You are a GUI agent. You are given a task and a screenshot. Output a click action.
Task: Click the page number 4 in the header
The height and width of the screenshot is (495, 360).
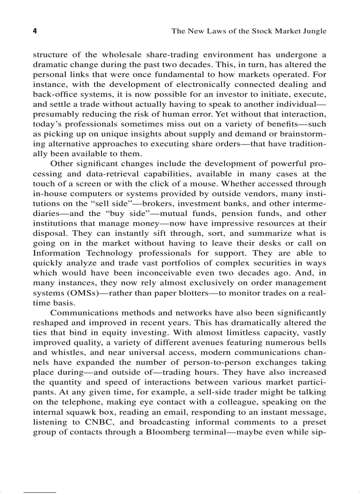pyautogui.click(x=35, y=31)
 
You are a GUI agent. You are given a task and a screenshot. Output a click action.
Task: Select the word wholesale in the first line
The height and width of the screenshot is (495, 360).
pyautogui.click(x=122, y=55)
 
